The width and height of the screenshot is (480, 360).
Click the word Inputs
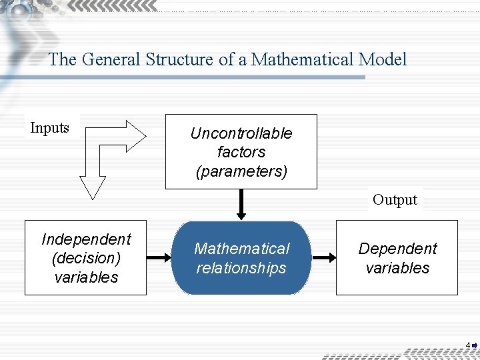click(x=50, y=128)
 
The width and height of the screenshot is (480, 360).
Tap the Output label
click(x=395, y=199)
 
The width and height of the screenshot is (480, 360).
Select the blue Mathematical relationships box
click(x=241, y=258)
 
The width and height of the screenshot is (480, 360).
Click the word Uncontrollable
click(x=241, y=133)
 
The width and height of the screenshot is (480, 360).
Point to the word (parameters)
click(x=241, y=171)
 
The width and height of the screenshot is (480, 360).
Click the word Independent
click(x=86, y=239)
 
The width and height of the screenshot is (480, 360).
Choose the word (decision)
click(x=86, y=258)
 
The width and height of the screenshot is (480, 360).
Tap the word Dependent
click(x=397, y=249)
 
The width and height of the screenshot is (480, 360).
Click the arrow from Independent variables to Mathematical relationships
click(x=159, y=258)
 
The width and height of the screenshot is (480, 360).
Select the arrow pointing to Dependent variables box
click(x=323, y=258)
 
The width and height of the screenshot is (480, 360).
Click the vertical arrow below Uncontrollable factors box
click(x=241, y=204)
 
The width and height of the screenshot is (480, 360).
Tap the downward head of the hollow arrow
click(x=93, y=186)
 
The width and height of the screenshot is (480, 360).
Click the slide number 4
click(x=468, y=345)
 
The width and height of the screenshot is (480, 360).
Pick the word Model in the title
click(x=382, y=60)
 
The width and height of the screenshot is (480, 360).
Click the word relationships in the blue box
click(x=241, y=268)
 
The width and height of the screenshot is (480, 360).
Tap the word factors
click(x=241, y=152)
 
